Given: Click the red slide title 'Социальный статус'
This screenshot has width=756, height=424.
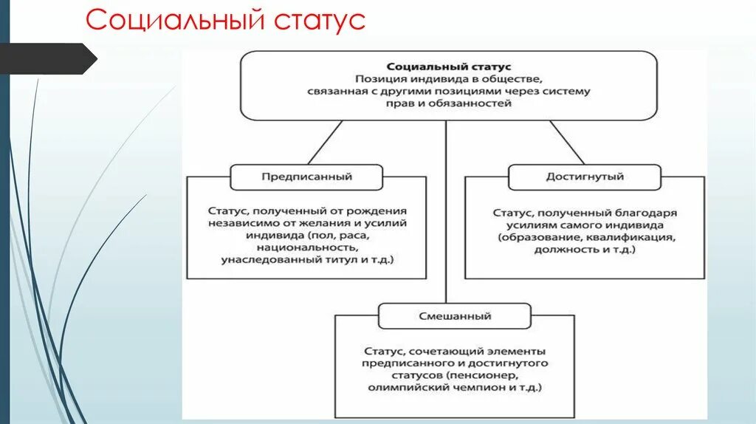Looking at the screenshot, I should pos(225,20).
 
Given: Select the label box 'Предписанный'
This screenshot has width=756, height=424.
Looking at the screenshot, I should pos(306,177).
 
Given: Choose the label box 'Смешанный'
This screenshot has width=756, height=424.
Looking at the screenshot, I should pos(455,316).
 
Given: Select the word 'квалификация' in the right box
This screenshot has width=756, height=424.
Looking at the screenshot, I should pos(631,237).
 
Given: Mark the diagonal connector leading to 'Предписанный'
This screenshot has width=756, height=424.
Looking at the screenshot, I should pos(326,142).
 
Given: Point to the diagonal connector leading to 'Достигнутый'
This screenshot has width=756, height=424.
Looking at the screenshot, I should pos(566,142).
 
